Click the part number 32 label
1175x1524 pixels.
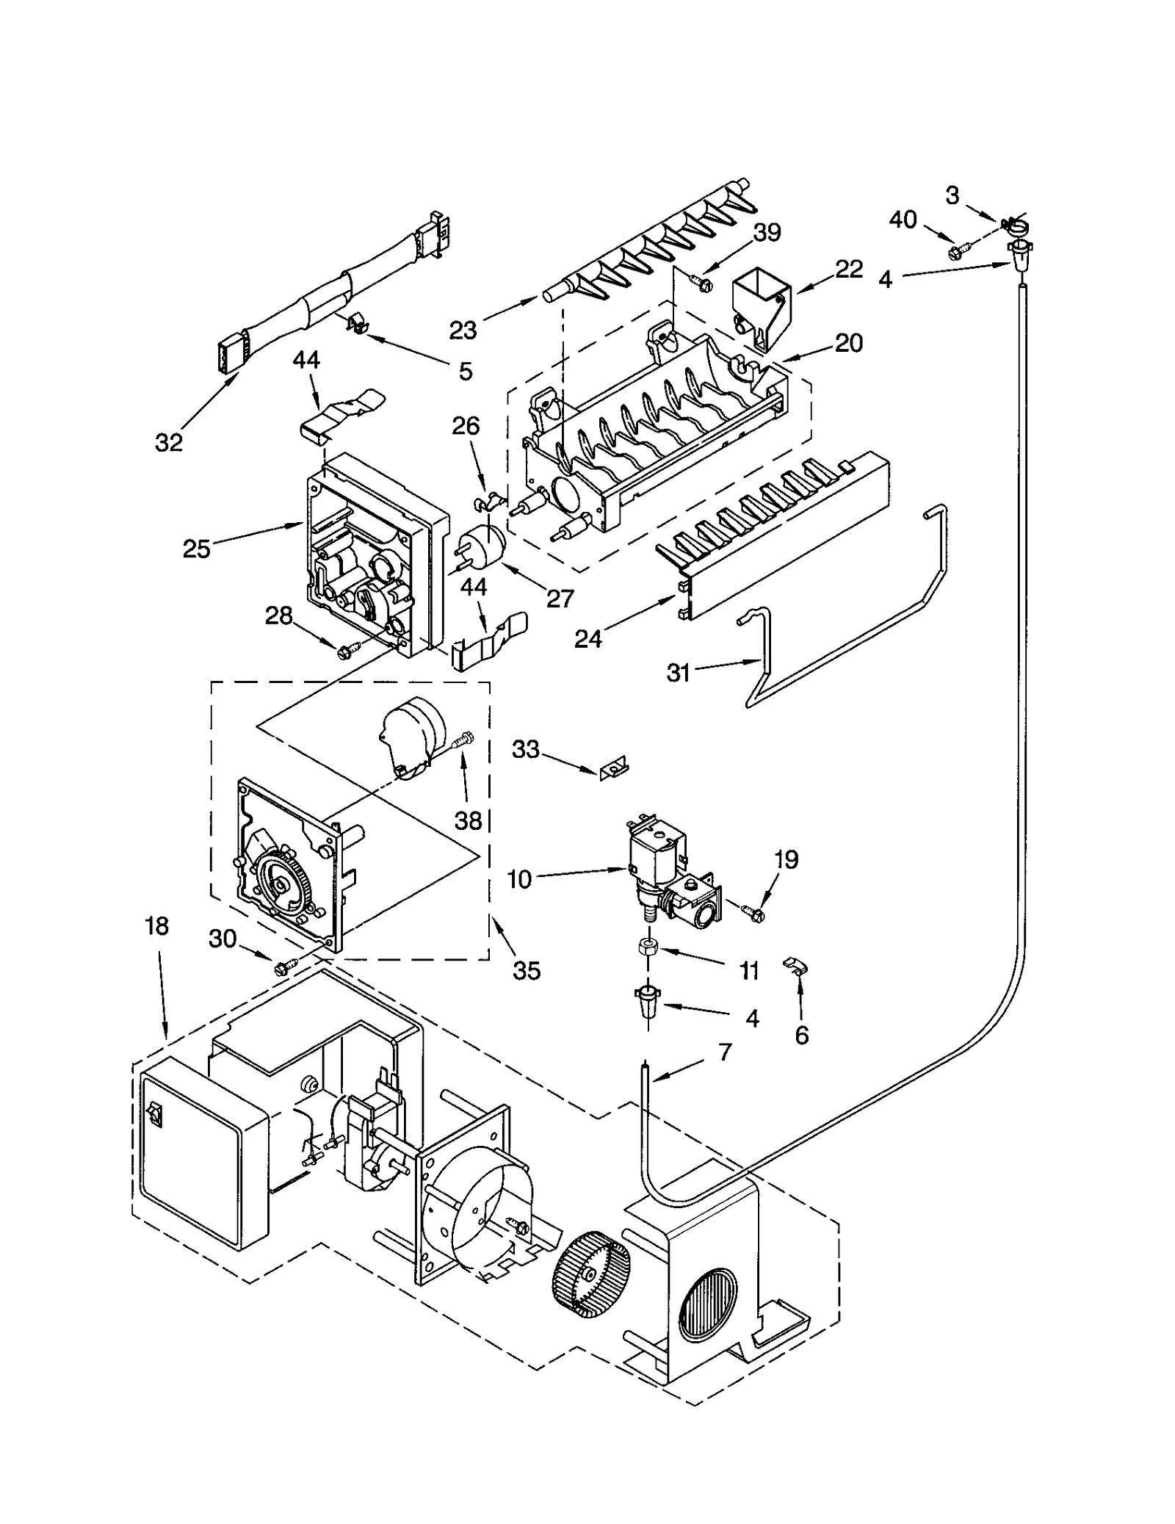tap(168, 442)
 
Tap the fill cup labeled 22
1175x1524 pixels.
tap(761, 305)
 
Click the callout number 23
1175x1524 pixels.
tap(463, 330)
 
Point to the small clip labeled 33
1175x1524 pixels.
tap(612, 769)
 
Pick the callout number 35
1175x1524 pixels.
tap(526, 970)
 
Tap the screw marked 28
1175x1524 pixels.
tap(347, 650)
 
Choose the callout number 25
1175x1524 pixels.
tap(196, 548)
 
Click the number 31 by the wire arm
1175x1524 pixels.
tap(678, 671)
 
